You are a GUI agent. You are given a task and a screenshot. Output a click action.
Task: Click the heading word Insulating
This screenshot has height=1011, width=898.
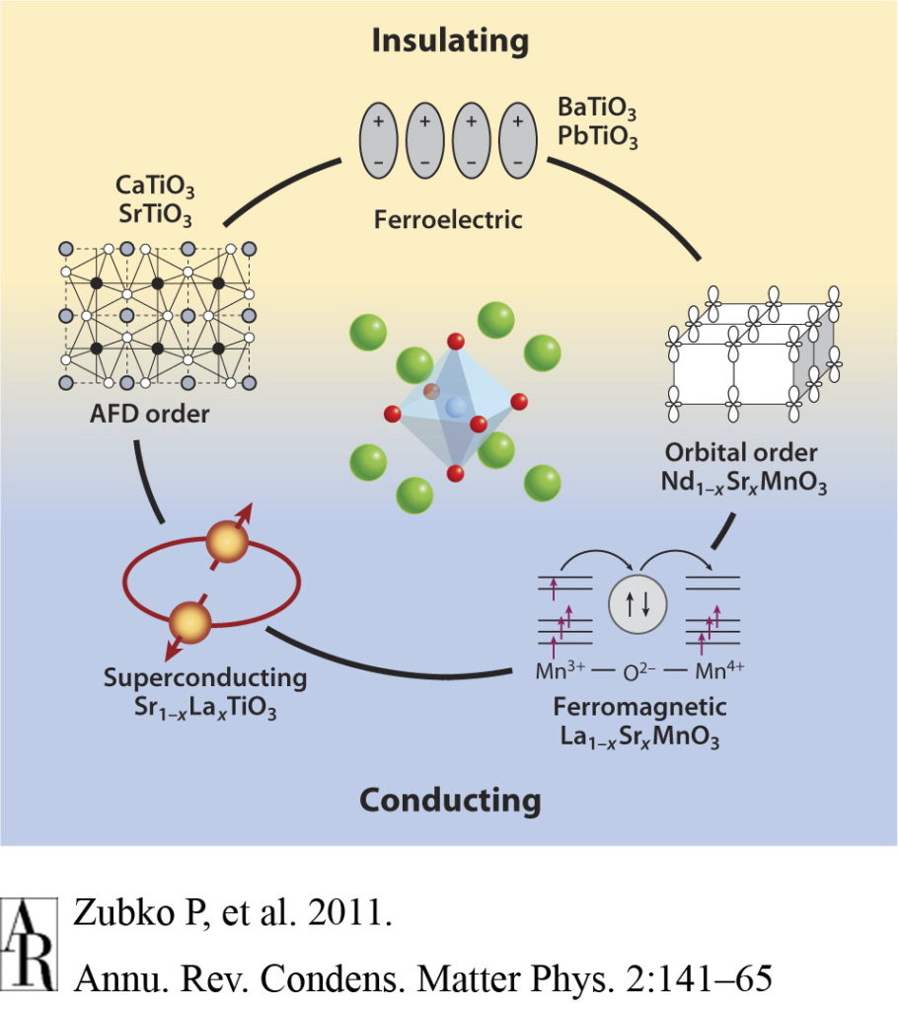(x=449, y=40)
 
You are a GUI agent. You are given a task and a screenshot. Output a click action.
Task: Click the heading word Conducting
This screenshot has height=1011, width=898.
(x=449, y=798)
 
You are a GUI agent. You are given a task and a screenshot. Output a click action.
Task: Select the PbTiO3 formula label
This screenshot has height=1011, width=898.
(x=598, y=137)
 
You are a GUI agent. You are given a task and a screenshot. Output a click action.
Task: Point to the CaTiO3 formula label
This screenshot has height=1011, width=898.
(x=153, y=187)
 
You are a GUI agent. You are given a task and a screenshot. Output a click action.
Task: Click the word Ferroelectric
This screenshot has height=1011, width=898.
(x=447, y=218)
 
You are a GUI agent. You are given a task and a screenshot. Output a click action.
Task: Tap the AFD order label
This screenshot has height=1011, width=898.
(x=147, y=413)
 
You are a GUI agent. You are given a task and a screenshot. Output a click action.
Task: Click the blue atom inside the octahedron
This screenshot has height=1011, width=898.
(x=455, y=407)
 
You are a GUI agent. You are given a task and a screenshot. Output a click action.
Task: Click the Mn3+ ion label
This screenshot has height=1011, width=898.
(x=557, y=673)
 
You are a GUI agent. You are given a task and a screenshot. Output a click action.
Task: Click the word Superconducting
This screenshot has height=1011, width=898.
(x=205, y=679)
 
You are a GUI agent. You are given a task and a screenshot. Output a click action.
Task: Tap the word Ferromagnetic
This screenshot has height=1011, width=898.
(x=639, y=707)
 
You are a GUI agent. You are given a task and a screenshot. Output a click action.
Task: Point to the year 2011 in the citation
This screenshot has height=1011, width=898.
(x=351, y=913)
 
